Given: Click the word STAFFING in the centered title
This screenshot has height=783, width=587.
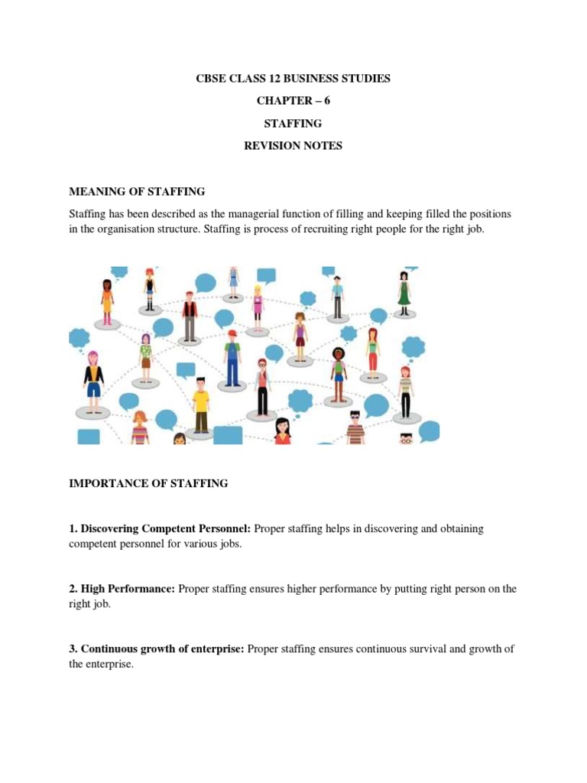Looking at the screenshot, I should (293, 123).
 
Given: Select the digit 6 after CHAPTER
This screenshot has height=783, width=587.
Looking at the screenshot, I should (327, 101).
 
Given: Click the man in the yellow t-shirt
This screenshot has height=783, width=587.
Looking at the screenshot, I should (201, 404).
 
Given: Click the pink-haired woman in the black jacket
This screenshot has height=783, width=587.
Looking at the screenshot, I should (93, 382).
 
